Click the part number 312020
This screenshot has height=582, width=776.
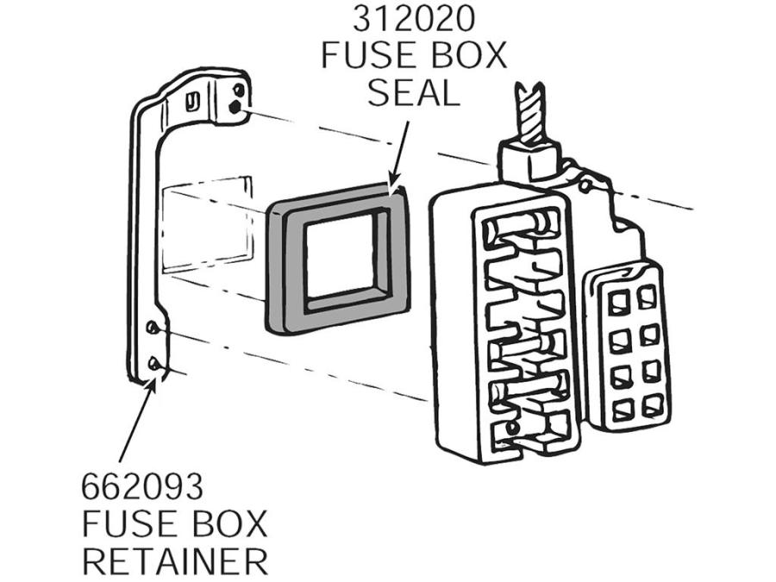(x=413, y=19)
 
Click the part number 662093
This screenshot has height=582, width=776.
(x=142, y=487)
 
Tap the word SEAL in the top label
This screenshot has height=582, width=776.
(x=414, y=93)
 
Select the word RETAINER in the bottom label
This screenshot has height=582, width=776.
(x=175, y=560)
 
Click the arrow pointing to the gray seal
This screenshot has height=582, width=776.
(x=399, y=154)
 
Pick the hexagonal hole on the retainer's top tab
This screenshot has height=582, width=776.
(x=235, y=105)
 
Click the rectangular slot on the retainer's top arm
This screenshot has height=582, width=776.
(x=191, y=102)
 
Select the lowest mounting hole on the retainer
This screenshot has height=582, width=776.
(x=154, y=363)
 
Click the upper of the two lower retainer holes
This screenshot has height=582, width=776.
(x=152, y=327)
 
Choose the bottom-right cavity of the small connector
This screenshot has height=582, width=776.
(x=651, y=406)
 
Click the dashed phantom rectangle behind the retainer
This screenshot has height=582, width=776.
(x=208, y=225)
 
